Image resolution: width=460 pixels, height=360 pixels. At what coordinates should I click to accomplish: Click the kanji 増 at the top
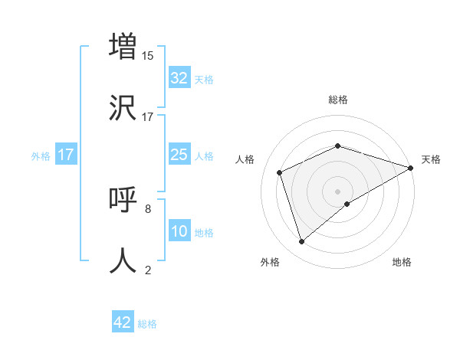(x=123, y=46)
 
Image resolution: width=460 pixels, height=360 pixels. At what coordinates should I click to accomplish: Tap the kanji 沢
(x=123, y=107)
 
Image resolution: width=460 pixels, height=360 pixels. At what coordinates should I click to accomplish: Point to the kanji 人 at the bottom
(x=123, y=260)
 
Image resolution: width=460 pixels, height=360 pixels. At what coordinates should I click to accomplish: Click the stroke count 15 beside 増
(x=148, y=55)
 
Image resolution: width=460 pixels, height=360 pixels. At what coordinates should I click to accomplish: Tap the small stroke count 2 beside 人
(x=148, y=270)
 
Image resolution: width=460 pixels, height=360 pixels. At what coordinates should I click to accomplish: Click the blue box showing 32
(x=179, y=78)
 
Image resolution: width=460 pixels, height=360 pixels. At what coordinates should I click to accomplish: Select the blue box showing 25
(x=179, y=155)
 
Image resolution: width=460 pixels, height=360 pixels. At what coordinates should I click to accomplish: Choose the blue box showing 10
(x=179, y=231)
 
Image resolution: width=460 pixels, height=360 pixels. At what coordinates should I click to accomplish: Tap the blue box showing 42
(x=123, y=322)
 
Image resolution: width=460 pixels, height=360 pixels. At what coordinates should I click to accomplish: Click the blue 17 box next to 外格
(x=66, y=155)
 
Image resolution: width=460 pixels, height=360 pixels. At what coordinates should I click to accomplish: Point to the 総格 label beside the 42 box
(x=147, y=324)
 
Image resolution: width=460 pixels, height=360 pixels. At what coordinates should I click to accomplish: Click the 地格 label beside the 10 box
(x=204, y=232)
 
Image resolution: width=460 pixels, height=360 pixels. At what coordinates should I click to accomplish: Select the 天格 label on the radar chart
(x=431, y=159)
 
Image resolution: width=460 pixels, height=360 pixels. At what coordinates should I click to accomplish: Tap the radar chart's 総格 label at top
(x=338, y=100)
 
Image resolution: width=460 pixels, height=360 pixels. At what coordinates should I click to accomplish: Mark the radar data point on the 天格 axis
(x=411, y=168)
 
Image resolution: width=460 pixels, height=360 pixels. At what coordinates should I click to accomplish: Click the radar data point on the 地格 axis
(x=347, y=204)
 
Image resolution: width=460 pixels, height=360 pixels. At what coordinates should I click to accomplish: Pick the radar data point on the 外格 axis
(x=301, y=242)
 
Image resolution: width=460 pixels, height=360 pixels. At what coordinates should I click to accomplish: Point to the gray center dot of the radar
(x=338, y=191)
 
